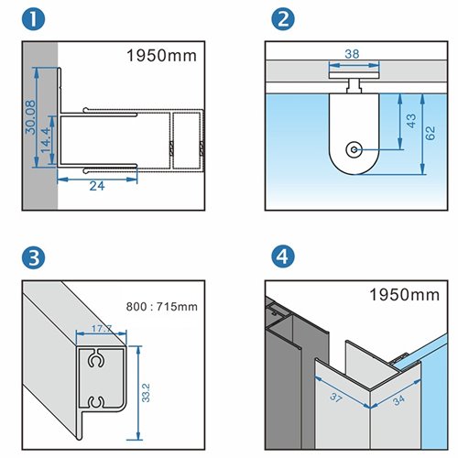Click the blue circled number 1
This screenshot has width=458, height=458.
pos(34,19)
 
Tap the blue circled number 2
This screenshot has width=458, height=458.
pos(283,19)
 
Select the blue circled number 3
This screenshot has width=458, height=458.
pos(34,257)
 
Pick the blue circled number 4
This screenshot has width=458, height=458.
pos(283,257)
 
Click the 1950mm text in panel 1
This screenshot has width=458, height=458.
pos(161,56)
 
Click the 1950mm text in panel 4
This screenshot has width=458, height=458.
pos(404,295)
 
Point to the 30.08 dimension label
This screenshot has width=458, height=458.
pos(30,117)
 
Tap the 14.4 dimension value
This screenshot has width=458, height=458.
pos(45,140)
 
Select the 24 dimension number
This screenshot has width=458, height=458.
pos(97,186)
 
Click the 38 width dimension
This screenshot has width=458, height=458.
pos(352,54)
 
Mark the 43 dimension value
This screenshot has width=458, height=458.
pos(411,121)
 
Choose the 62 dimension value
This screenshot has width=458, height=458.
pos(430,133)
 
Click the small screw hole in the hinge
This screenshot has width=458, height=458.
pos(354,149)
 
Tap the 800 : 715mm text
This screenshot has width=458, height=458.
pos(162,307)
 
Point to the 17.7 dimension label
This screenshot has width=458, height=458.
pos(102,329)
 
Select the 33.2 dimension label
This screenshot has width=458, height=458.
pos(146,393)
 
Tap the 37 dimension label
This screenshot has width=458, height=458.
pos(336,398)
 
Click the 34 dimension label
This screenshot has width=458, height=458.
pos(398,400)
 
